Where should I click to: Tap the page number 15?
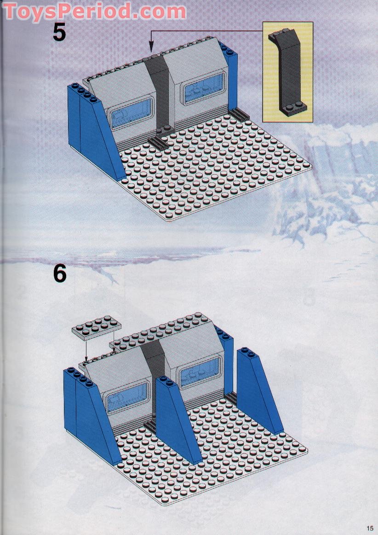coord(370,528)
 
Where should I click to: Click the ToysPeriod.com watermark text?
coord(94,12)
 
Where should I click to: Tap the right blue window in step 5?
coord(204,87)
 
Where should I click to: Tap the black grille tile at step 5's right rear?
coord(241,114)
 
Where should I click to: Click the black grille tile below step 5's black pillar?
coord(158,143)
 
